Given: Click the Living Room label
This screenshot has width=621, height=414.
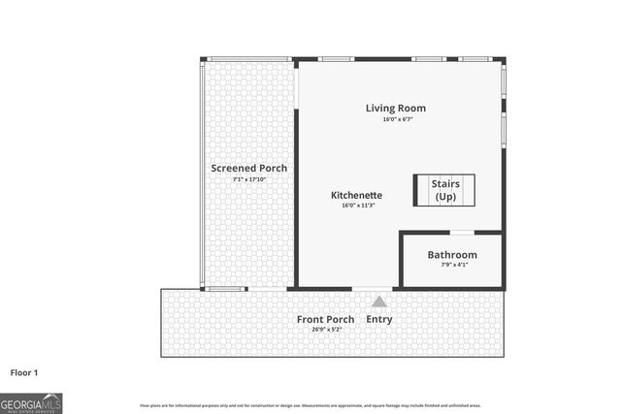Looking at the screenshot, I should click(395, 108).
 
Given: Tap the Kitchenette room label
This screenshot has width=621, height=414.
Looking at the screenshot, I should click(356, 195).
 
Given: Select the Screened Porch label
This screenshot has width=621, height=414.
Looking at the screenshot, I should click(248, 168).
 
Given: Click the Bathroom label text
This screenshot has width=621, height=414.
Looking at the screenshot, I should click(452, 255).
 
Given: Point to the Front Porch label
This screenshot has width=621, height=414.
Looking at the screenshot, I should click(325, 319).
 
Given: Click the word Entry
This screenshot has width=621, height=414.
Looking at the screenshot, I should click(379, 319).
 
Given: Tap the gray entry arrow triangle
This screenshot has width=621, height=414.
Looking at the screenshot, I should click(378, 303).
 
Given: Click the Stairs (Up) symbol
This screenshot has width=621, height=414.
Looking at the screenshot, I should click(446, 189).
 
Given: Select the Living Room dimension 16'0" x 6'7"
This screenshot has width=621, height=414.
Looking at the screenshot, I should click(395, 119).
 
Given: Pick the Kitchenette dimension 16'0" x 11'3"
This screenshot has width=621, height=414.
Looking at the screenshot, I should click(356, 206).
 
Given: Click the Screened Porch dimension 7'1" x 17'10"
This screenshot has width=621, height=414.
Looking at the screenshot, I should click(248, 179).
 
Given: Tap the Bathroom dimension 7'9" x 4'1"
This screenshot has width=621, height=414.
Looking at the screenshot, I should click(452, 266).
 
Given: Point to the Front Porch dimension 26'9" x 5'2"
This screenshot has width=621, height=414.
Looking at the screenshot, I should click(325, 330).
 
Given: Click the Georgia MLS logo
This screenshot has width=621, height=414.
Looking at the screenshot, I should click(31, 402).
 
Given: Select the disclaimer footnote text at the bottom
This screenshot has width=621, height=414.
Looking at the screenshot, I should click(310, 405).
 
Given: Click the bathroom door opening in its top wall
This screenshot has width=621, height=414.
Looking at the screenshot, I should click(462, 233).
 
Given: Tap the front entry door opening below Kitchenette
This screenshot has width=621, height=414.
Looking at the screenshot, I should click(373, 289).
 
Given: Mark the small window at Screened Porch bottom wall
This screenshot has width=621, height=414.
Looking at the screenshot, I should click(224, 289).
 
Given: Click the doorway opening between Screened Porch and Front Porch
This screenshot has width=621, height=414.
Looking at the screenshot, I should click(267, 289).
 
